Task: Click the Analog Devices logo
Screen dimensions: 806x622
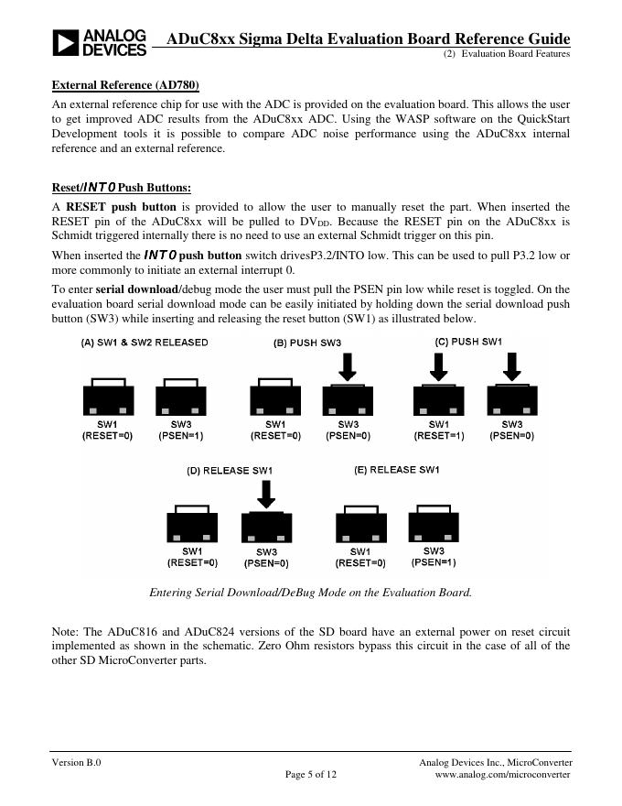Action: coord(99,42)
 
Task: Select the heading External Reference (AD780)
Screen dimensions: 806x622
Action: coord(125,85)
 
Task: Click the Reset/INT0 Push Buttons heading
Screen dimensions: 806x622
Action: coord(122,188)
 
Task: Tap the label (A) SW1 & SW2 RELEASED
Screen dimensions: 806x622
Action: coord(145,343)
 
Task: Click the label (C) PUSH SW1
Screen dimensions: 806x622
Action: coord(468,342)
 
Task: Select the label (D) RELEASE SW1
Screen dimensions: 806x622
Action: coord(230,471)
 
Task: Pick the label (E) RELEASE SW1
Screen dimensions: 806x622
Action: coord(397,470)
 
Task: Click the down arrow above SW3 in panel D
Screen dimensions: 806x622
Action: coord(266,495)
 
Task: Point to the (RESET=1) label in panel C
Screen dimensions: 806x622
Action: coord(439,436)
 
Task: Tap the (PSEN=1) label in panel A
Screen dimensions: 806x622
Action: coord(181,436)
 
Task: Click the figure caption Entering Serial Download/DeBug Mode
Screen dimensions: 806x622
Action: coord(310,592)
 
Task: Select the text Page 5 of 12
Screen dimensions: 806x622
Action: coord(311,775)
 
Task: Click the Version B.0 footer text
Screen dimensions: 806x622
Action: coord(76,762)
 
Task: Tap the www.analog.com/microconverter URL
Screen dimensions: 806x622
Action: coord(502,775)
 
